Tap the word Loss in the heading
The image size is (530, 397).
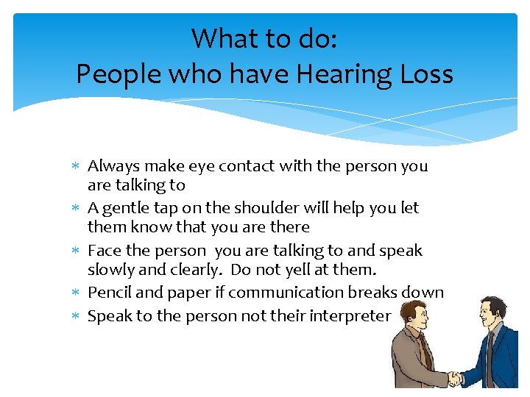tap(428, 74)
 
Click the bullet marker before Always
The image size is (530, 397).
tap(78, 167)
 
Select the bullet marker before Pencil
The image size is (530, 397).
tap(78, 293)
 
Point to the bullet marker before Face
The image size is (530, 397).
tap(78, 251)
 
